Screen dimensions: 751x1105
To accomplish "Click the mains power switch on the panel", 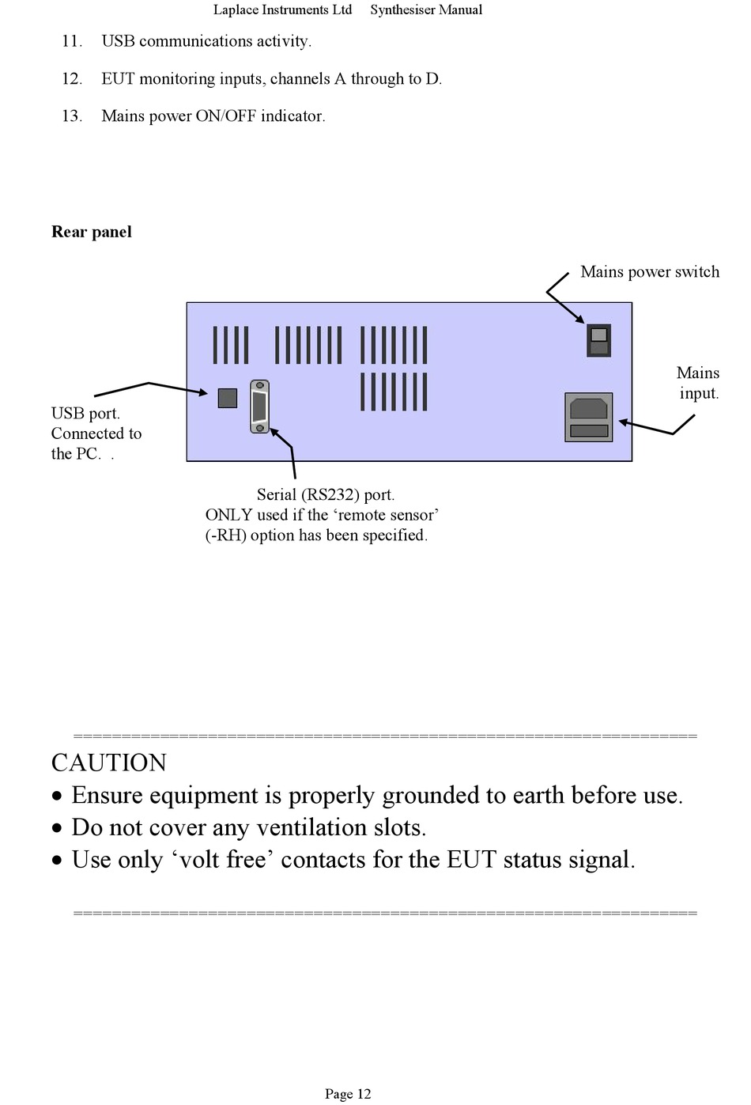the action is click(x=598, y=340).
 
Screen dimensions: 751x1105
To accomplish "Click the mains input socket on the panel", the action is click(x=588, y=417).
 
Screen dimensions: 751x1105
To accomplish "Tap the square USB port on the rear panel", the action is click(x=228, y=398).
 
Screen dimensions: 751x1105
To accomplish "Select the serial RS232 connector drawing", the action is click(x=260, y=407).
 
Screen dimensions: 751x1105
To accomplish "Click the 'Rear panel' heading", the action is click(x=92, y=232).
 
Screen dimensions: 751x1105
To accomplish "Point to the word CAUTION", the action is click(x=109, y=763).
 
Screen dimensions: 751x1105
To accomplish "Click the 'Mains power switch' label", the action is click(x=650, y=272).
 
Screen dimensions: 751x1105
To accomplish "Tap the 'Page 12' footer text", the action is click(x=348, y=1094).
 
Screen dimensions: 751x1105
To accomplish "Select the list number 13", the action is click(x=72, y=116).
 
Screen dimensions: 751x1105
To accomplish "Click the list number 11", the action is click(x=72, y=41).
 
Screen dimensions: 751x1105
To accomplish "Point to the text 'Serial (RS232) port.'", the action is click(x=326, y=495).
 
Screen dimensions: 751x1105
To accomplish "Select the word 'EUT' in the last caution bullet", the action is click(x=472, y=860).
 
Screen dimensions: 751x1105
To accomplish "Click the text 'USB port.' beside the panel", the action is click(x=85, y=414).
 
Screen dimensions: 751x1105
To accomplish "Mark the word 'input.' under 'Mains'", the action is click(x=700, y=394).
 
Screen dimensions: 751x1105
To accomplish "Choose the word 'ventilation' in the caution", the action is click(x=311, y=828).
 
